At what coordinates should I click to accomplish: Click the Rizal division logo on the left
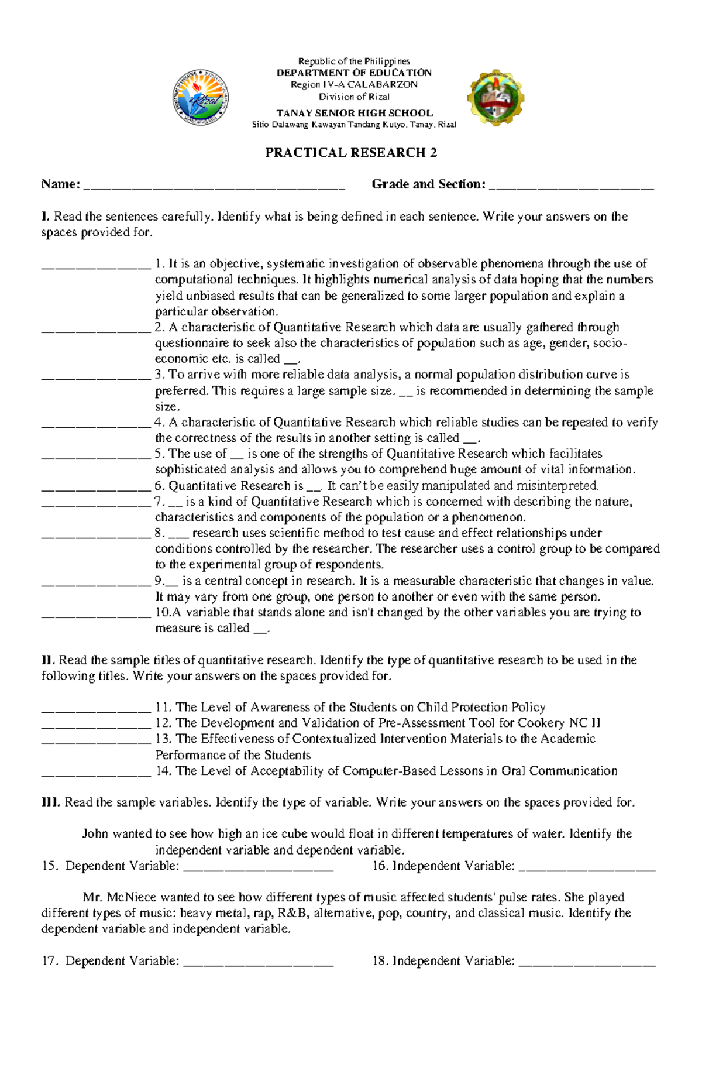tap(200, 99)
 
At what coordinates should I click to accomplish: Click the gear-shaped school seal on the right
tap(495, 98)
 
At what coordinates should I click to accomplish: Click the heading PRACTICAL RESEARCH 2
tap(351, 153)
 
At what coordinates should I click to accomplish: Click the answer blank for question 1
tap(96, 266)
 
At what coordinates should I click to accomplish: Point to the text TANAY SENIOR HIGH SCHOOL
tap(355, 113)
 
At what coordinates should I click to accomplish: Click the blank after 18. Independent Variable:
tap(587, 964)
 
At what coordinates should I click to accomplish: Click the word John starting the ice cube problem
tap(95, 833)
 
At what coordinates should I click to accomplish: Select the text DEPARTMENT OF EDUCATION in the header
tap(354, 73)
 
